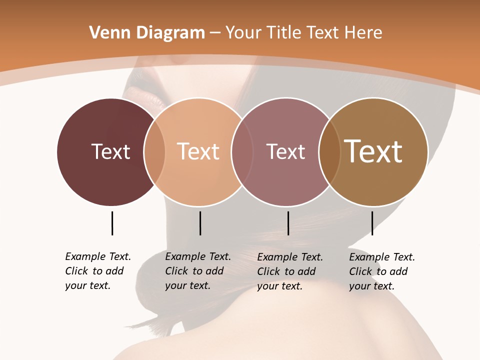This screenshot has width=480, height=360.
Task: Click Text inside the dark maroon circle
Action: click(110, 151)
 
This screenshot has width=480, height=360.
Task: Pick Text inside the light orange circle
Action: click(198, 151)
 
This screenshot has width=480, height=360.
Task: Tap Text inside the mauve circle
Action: click(285, 151)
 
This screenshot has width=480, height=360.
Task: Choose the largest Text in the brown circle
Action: click(373, 151)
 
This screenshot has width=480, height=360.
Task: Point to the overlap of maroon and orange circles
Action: click(154, 151)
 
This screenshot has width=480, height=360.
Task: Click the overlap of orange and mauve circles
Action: click(242, 151)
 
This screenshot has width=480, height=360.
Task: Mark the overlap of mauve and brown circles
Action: click(329, 151)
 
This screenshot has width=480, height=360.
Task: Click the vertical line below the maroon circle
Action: click(112, 223)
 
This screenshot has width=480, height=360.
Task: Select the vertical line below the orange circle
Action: click(200, 223)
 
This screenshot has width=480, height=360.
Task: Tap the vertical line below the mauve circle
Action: click(288, 223)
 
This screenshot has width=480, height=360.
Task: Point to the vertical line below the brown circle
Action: click(372, 223)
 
